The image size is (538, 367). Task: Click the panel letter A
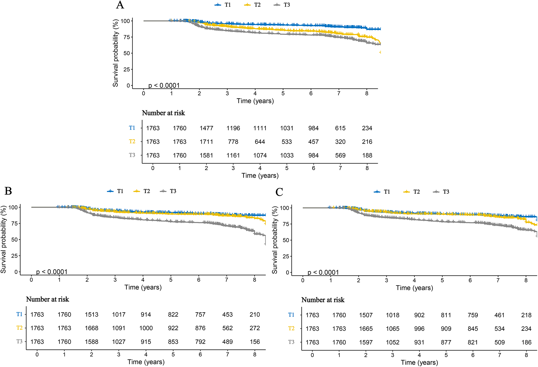pyautogui.click(x=120, y=5)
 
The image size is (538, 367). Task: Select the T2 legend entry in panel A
pyautogui.click(x=257, y=5)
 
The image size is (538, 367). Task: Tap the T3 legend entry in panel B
pyautogui.click(x=173, y=191)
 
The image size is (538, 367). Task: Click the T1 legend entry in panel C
pyautogui.click(x=387, y=192)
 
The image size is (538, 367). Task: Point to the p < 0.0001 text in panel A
pyautogui.click(x=164, y=85)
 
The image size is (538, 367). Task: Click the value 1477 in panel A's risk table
pyautogui.click(x=206, y=128)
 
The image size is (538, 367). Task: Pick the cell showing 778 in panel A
pyautogui.click(x=233, y=142)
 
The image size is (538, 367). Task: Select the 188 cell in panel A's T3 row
pyautogui.click(x=367, y=155)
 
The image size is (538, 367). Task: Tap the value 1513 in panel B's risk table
pyautogui.click(x=92, y=315)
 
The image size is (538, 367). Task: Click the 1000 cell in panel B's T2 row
pyautogui.click(x=146, y=328)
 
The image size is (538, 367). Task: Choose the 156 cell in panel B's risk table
pyautogui.click(x=255, y=342)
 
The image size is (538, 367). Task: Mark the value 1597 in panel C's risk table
pyautogui.click(x=366, y=343)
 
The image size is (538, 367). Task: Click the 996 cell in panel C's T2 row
pyautogui.click(x=419, y=329)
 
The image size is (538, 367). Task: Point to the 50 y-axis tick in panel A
pyautogui.click(x=127, y=53)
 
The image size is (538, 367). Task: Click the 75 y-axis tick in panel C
pyautogui.click(x=286, y=224)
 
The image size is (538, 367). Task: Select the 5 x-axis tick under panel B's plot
pyautogui.click(x=171, y=280)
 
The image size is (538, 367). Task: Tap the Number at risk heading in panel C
pyautogui.click(x=323, y=300)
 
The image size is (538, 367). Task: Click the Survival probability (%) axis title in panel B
pyautogui.click(x=3, y=240)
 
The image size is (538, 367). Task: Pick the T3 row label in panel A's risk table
pyautogui.click(x=132, y=155)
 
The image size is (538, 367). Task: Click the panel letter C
pyautogui.click(x=279, y=192)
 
